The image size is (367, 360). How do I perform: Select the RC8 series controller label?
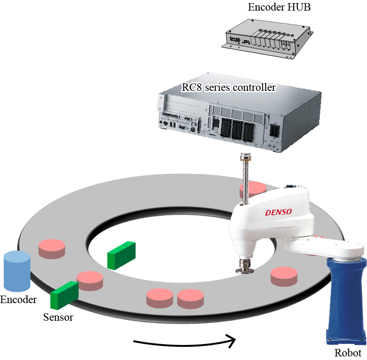[229, 87]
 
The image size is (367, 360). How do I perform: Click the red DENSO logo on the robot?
[278, 212]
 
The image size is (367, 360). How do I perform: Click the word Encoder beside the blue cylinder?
[18, 300]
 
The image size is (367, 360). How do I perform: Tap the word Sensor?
[58, 317]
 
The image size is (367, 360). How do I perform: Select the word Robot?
[348, 353]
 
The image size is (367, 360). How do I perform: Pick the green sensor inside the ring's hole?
[121, 255]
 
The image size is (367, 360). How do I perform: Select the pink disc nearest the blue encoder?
[52, 248]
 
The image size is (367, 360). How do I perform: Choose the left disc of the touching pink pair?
[159, 298]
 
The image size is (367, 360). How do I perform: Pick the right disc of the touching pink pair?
[190, 298]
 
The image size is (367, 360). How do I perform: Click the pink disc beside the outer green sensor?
[91, 281]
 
